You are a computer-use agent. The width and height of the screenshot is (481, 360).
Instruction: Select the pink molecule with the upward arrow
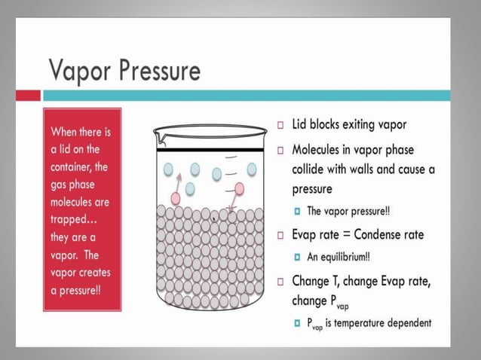point(175,198)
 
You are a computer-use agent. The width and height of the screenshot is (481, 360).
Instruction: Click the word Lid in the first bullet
point(302,125)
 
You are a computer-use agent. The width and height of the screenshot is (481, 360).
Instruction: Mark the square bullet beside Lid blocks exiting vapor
point(280,125)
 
